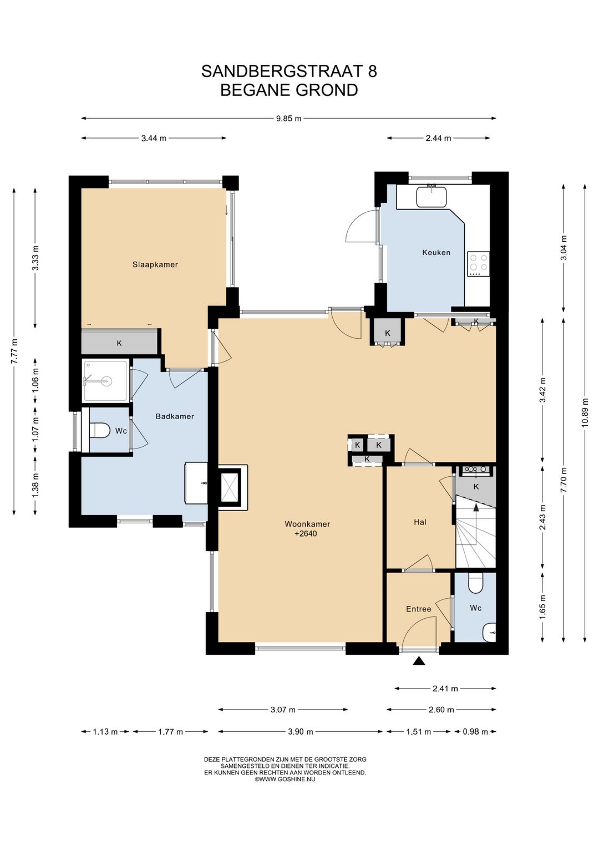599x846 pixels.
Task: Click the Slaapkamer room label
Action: [x=155, y=264]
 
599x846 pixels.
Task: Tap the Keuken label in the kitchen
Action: [x=436, y=252]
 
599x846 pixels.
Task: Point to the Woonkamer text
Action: [x=307, y=524]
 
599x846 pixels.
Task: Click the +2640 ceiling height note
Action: [x=306, y=534]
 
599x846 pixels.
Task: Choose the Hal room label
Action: [x=420, y=522]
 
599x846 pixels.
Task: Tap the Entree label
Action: [x=418, y=609]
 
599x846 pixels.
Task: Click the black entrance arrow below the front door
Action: [x=419, y=661]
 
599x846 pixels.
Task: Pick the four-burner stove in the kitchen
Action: [x=479, y=264]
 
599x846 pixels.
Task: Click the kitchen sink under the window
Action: [x=431, y=196]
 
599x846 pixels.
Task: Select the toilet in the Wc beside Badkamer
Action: [x=99, y=430]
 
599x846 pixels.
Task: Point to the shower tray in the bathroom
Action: [x=106, y=381]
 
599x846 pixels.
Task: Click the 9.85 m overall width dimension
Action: [x=289, y=118]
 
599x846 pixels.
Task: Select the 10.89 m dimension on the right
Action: [x=585, y=413]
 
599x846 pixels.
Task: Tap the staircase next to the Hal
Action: [x=476, y=532]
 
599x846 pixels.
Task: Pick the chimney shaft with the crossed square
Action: [x=230, y=487]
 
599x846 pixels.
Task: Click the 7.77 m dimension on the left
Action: [x=14, y=351]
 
